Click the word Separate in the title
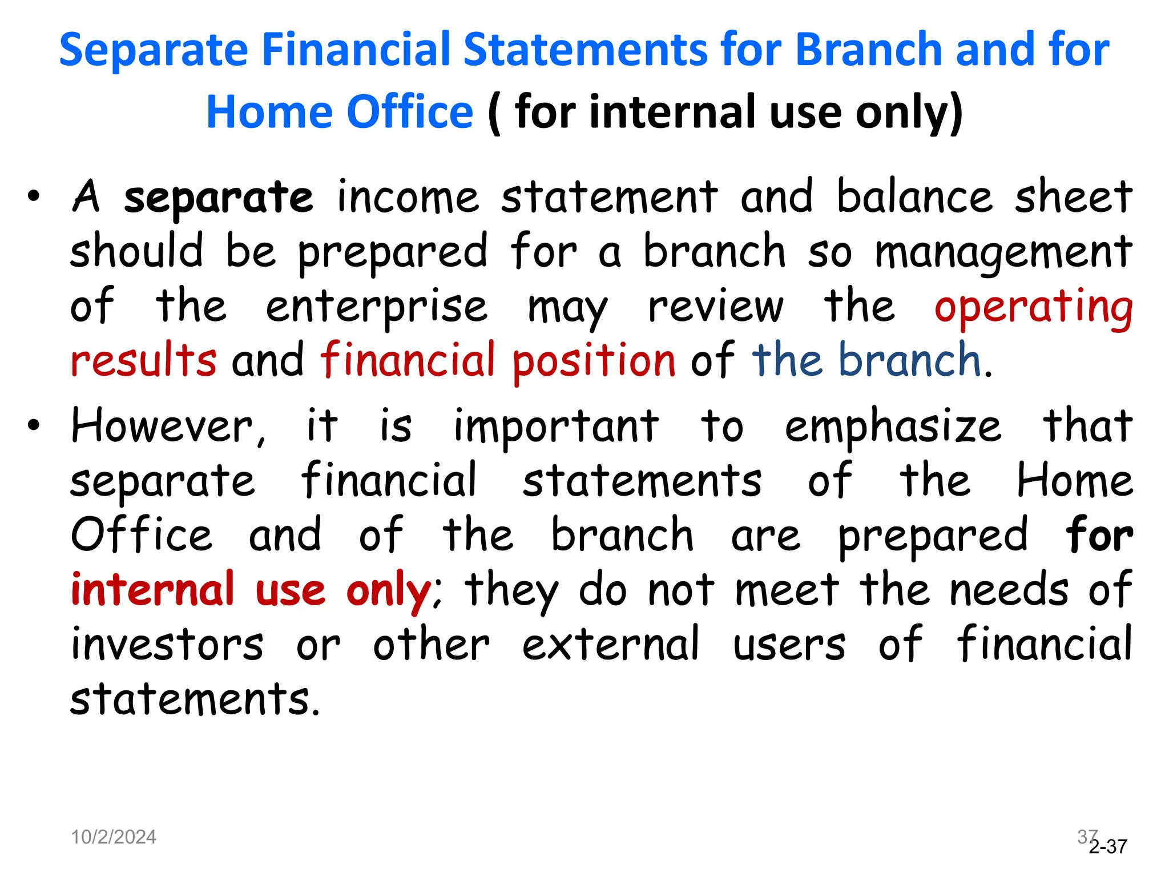(x=153, y=50)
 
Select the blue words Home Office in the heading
(x=340, y=112)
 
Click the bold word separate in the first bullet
(x=219, y=198)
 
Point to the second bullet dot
(x=34, y=425)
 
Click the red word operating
(x=1033, y=307)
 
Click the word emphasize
(x=893, y=427)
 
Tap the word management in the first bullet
(x=1003, y=252)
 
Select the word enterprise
(x=377, y=307)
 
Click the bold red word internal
(x=153, y=589)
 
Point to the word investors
(x=167, y=644)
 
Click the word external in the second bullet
(x=610, y=644)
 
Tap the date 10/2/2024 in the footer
(x=114, y=837)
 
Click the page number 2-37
(x=1108, y=846)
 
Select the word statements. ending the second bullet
(x=194, y=699)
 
